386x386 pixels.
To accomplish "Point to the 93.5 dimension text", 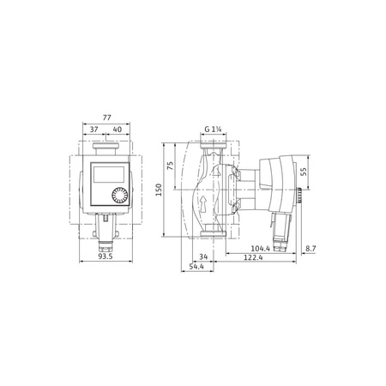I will point(103,257).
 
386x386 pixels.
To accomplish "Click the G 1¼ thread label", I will point(214,130).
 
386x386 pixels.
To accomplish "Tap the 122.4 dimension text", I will point(253,256).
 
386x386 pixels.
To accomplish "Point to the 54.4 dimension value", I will point(196,268).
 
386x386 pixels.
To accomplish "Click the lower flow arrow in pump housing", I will point(214,202).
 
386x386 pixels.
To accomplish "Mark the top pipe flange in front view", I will point(107,148).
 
